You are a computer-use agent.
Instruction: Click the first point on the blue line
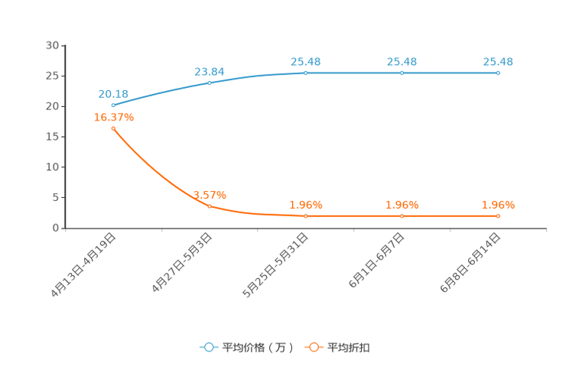[112, 105]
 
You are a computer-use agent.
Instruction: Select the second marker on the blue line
[209, 82]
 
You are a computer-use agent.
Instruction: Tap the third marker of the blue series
[305, 73]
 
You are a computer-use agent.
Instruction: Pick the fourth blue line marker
[402, 73]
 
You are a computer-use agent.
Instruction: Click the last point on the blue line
[498, 73]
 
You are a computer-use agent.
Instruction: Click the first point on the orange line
[112, 128]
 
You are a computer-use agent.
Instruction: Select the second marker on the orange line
[209, 206]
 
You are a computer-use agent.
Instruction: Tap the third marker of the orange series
[305, 216]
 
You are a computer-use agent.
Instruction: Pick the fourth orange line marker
[402, 216]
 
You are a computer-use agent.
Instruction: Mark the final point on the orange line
[498, 216]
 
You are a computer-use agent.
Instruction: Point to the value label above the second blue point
[209, 71]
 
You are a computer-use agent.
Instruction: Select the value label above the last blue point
[498, 62]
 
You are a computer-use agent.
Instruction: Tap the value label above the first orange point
[113, 118]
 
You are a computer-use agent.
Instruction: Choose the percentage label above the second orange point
[209, 195]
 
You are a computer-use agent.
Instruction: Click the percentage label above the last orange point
[498, 205]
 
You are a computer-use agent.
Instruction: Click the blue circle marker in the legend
[208, 347]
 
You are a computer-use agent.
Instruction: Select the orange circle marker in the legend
[314, 347]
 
